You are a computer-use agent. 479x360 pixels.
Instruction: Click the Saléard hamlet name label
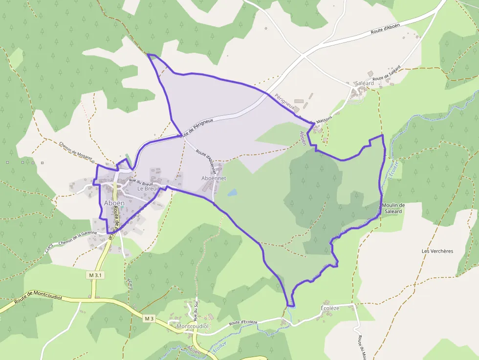[x=363, y=84]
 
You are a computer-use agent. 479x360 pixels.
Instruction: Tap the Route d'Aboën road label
[x=385, y=31]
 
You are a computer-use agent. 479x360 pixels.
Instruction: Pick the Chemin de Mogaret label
[x=75, y=151]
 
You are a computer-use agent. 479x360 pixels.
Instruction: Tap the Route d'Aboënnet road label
[x=206, y=159]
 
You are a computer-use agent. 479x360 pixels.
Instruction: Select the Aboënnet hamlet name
[x=214, y=179]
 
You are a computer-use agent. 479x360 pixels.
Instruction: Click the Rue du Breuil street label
[x=141, y=182]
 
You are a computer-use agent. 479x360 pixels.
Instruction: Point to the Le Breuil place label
[x=148, y=189]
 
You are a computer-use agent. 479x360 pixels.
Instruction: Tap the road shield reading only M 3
[x=149, y=318]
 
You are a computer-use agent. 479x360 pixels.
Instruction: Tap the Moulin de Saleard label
[x=393, y=208]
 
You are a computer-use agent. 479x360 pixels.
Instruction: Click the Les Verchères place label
[x=437, y=251]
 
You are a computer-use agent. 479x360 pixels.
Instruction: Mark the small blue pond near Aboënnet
[x=232, y=192]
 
